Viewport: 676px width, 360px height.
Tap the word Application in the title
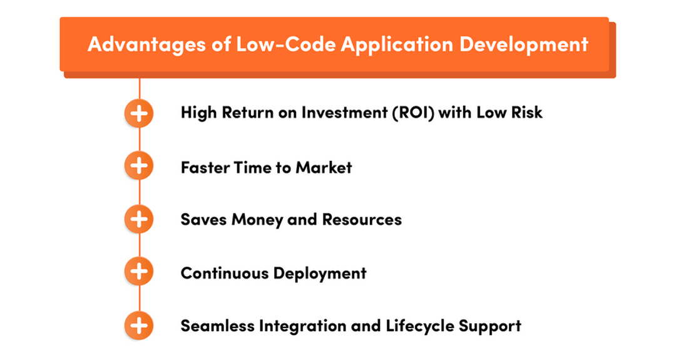pos(392,44)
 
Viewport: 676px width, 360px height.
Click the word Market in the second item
pos(324,167)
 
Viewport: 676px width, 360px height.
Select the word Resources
pos(362,220)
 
